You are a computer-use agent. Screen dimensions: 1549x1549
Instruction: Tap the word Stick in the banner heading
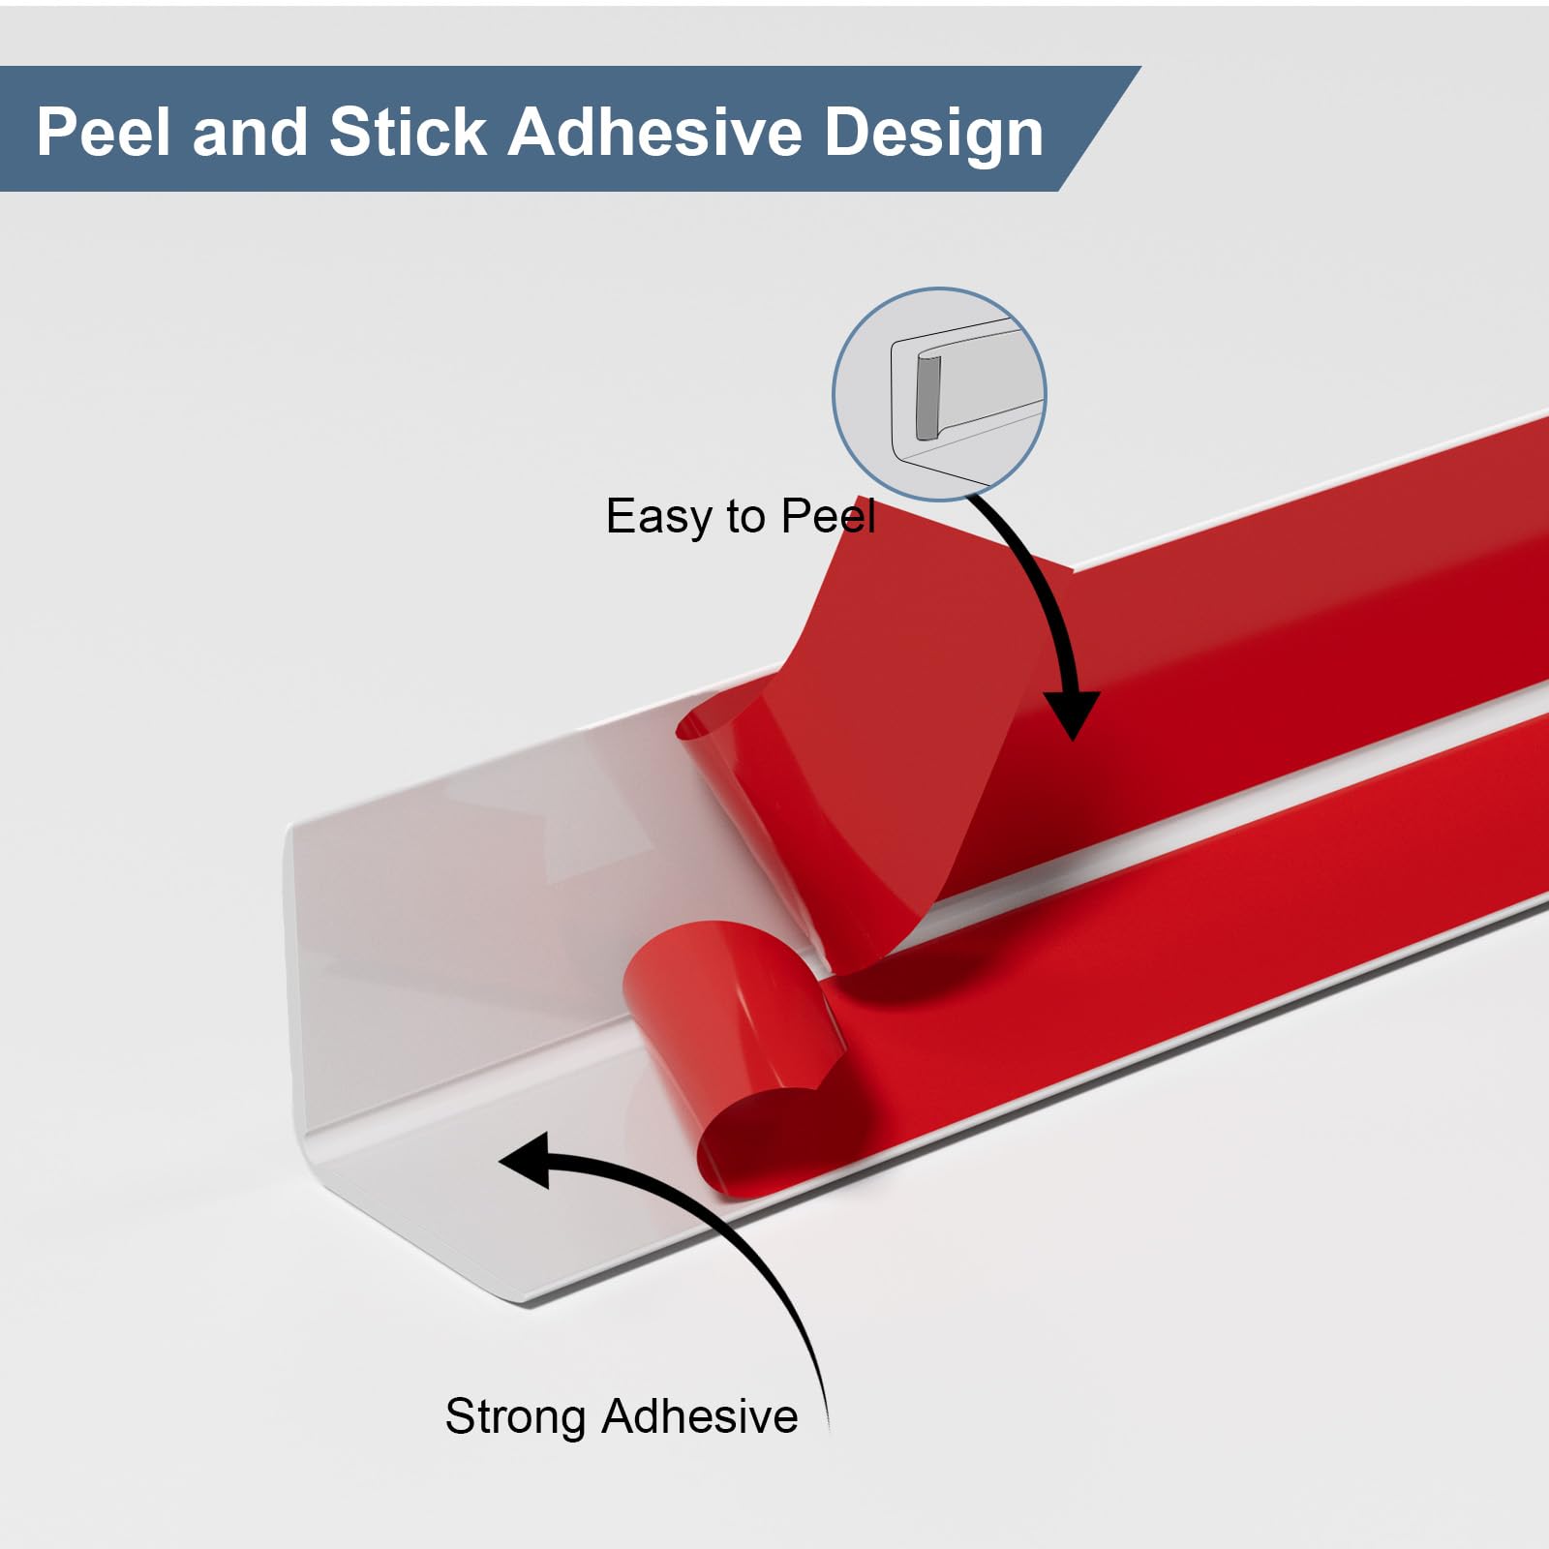point(408,132)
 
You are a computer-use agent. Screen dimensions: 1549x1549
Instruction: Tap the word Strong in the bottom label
point(517,1416)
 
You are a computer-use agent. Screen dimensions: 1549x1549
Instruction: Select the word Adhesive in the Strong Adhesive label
point(700,1416)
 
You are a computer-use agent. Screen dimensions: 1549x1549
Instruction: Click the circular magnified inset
point(939,393)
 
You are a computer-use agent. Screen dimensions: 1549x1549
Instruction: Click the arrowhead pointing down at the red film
point(1072,716)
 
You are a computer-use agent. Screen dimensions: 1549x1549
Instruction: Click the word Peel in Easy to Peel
point(828,516)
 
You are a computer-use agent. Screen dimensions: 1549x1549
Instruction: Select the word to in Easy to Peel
point(745,517)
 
